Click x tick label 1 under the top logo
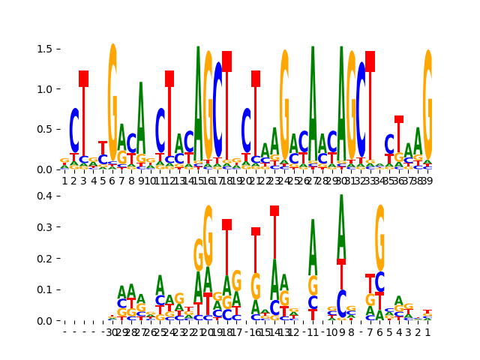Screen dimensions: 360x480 pos(64,181)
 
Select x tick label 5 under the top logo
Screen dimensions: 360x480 pos(103,181)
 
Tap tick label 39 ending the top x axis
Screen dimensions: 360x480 pos(427,181)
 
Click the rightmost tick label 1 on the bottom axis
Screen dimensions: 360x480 pos(427,332)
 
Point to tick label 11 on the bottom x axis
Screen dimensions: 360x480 pos(313,332)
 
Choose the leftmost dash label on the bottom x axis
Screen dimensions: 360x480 pos(64,332)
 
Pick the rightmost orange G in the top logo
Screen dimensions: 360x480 pos(427,105)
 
